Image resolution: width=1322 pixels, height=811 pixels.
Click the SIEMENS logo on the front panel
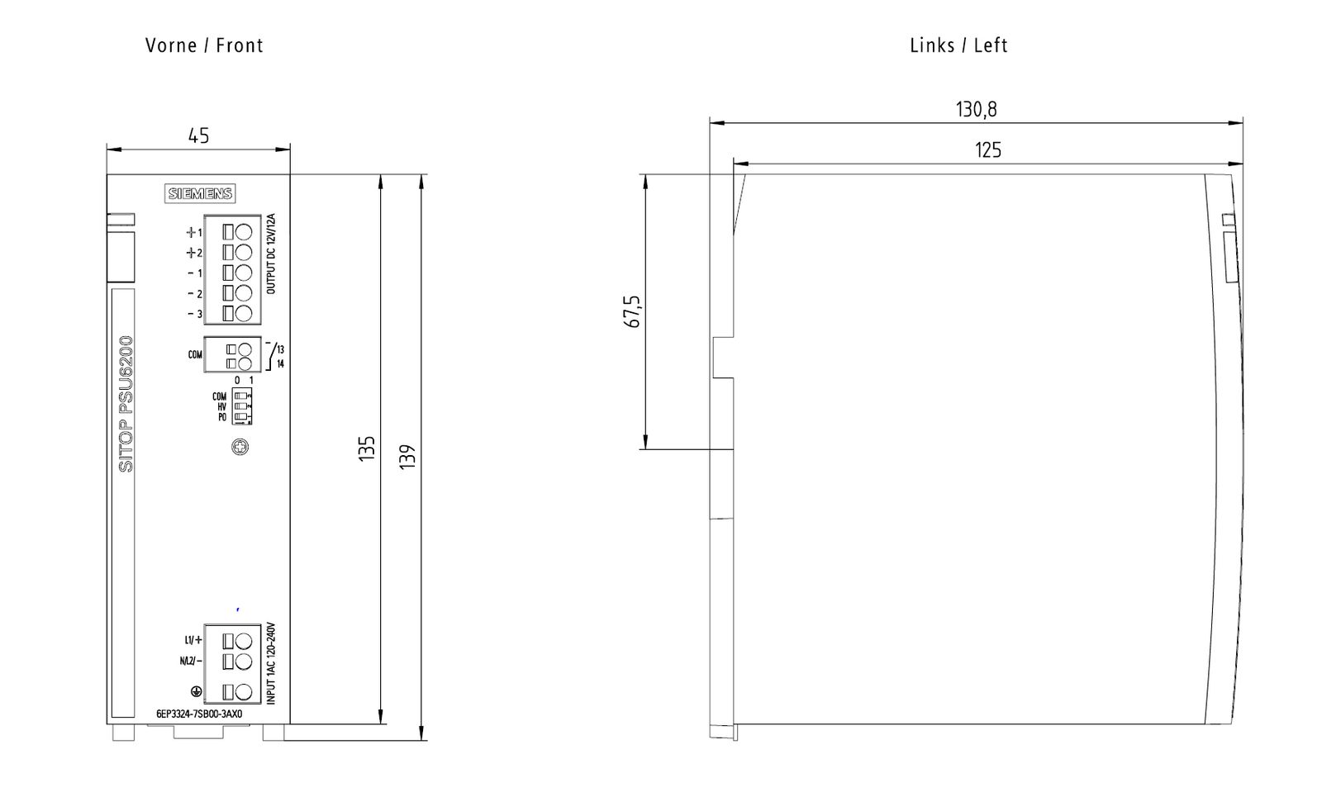pos(201,194)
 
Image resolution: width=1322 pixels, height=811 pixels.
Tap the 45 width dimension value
pos(198,135)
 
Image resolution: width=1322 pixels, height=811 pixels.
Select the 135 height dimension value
pos(367,448)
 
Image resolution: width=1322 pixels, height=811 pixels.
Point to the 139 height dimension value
pos(407,457)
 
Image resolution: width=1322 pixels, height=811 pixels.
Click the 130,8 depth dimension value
pos(976,109)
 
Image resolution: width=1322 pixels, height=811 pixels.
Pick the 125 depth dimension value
pos(987,149)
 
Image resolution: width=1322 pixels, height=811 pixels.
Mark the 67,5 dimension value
pos(634,311)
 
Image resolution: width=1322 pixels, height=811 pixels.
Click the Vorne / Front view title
pos(204,45)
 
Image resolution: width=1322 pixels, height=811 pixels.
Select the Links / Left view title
pos(958,45)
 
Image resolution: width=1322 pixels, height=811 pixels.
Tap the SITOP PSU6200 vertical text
pos(126,404)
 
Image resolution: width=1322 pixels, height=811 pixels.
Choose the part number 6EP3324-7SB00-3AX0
pos(199,714)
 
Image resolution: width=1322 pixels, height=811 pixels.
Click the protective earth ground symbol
pos(196,691)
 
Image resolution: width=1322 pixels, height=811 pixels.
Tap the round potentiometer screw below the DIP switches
pos(240,448)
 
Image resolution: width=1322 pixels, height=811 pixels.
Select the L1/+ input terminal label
pos(193,640)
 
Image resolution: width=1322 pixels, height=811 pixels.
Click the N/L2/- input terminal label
pos(191,661)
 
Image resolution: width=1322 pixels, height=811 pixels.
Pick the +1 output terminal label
pos(194,233)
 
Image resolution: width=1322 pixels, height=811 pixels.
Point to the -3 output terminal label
pos(194,314)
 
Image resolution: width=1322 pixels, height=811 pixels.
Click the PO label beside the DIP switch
pos(222,417)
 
